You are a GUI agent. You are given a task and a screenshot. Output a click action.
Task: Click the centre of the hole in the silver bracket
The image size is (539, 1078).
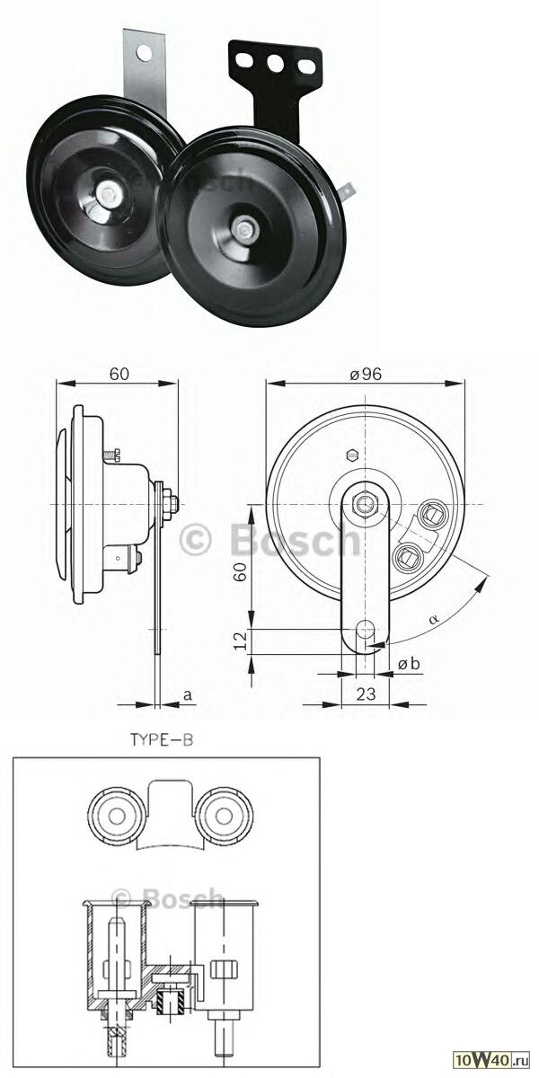coord(144,51)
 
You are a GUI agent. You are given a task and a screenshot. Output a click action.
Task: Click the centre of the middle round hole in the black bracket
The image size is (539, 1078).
coord(276,63)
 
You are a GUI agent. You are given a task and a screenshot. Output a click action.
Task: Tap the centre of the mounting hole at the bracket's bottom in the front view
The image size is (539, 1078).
coord(366,627)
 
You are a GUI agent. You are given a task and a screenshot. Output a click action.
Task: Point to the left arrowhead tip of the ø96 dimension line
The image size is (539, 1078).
coord(267,383)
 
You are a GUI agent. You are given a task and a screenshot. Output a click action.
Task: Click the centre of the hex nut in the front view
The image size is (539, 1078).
coord(366,503)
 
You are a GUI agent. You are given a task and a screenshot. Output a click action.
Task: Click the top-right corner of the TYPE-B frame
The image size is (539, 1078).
coord(320,758)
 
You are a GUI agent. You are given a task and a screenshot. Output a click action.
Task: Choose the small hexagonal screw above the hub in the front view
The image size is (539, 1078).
coord(352,455)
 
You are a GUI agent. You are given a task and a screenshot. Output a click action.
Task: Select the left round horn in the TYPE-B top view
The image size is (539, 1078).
coord(116,817)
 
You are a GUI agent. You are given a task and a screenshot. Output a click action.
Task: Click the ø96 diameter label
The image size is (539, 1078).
coord(366,374)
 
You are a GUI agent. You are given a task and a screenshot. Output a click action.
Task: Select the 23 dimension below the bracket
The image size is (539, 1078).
coord(366,694)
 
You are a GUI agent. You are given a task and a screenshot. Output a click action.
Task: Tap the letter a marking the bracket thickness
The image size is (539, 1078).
coord(188,694)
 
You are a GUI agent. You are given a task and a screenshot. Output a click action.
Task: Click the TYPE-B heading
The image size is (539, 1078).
coord(162,739)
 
